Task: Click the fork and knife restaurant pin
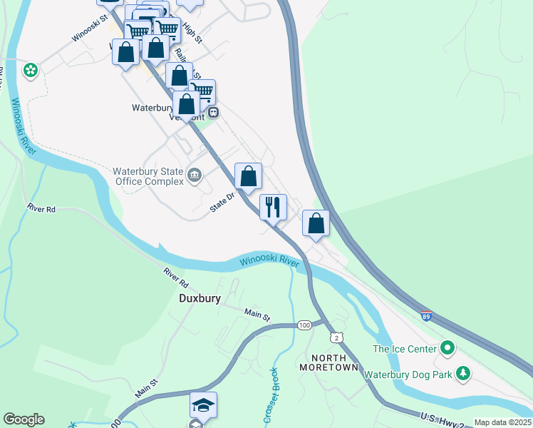tap(273, 208)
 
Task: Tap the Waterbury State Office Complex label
tap(148, 176)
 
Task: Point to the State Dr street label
tap(222, 203)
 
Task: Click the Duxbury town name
tap(200, 299)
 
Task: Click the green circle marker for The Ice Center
tap(447, 348)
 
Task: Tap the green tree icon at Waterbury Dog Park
tap(463, 373)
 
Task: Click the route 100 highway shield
tap(304, 325)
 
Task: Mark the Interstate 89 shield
tap(425, 316)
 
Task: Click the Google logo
tap(24, 419)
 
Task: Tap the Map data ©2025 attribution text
tap(502, 422)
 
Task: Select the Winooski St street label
tap(88, 29)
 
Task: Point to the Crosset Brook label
tap(271, 396)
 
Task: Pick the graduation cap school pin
tap(203, 405)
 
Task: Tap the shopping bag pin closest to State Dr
tap(248, 176)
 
